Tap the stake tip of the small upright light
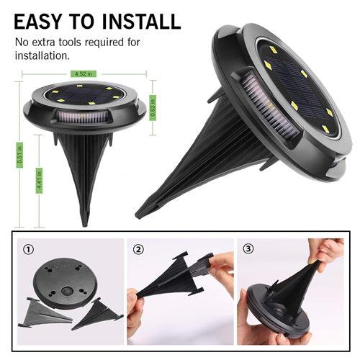(84, 220)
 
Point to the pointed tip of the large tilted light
(141, 212)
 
